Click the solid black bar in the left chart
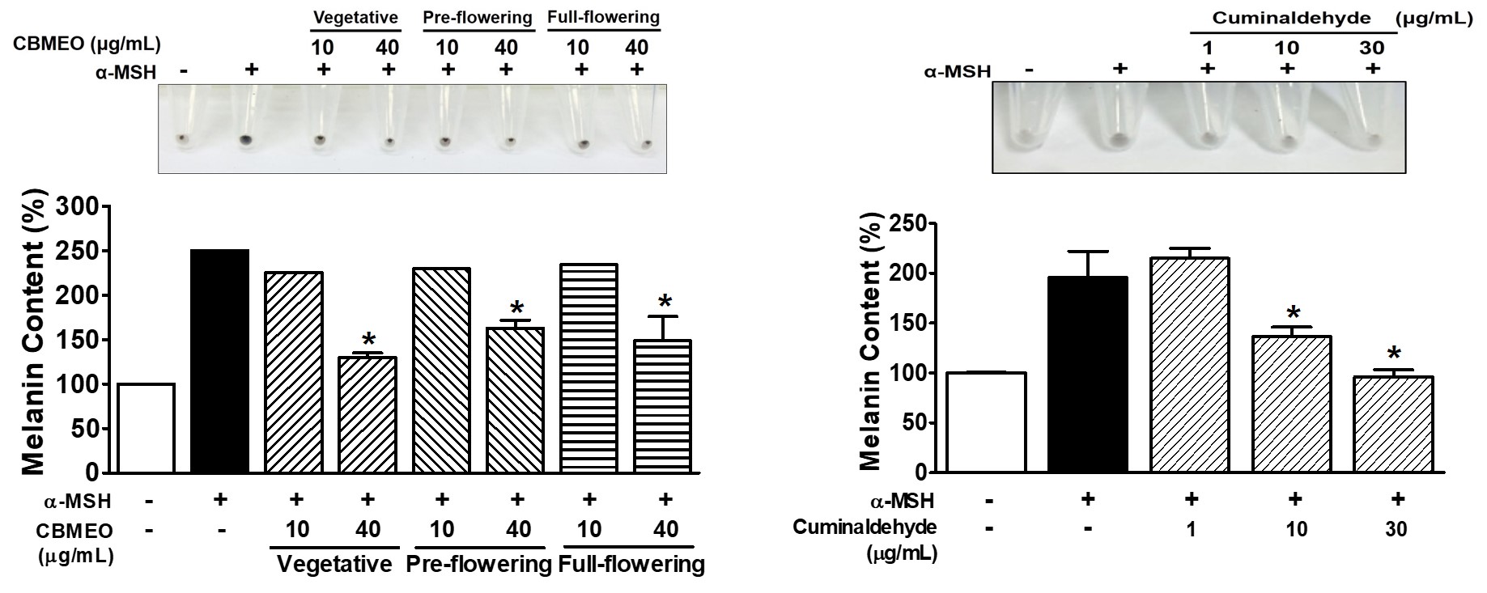(x=219, y=361)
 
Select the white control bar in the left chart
(x=146, y=428)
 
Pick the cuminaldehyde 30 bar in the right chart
(x=1393, y=424)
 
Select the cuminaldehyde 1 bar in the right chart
(x=1190, y=364)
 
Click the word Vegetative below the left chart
(x=334, y=564)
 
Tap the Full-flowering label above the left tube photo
(x=603, y=17)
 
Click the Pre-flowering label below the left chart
(x=478, y=564)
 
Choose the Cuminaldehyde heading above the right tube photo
(x=1291, y=17)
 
